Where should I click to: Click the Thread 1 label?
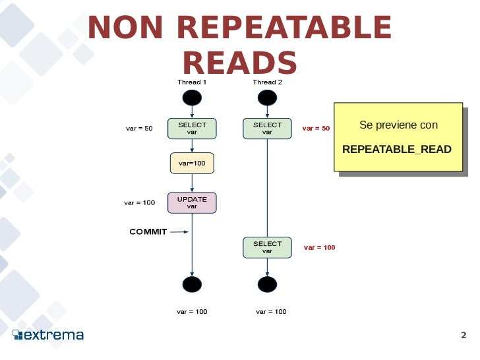pyautogui.click(x=192, y=82)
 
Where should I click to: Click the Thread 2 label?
pyautogui.click(x=267, y=82)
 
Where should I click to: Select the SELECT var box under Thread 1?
pyautogui.click(x=192, y=129)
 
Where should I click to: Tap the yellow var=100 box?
pyautogui.click(x=192, y=163)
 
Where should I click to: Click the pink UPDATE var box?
pyautogui.click(x=192, y=202)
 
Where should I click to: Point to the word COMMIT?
pyautogui.click(x=148, y=231)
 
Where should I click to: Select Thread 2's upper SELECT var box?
pyautogui.click(x=267, y=129)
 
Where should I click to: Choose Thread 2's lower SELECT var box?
pyautogui.click(x=267, y=247)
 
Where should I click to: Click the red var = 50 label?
pyautogui.click(x=316, y=129)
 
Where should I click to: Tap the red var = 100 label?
pyautogui.click(x=319, y=248)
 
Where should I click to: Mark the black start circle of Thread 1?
pyautogui.click(x=192, y=98)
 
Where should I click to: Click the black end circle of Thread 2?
pyautogui.click(x=267, y=284)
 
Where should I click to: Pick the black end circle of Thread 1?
pyautogui.click(x=192, y=284)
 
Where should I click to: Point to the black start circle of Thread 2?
pyautogui.click(x=267, y=98)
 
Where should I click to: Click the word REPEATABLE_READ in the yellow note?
pyautogui.click(x=397, y=150)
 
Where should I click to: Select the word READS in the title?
pyautogui.click(x=239, y=63)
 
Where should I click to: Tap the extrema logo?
pyautogui.click(x=49, y=335)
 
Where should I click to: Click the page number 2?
pyautogui.click(x=464, y=335)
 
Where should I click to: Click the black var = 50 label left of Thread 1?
pyautogui.click(x=139, y=129)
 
